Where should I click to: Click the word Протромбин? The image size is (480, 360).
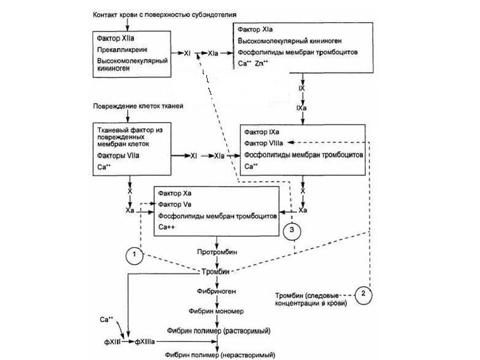215,252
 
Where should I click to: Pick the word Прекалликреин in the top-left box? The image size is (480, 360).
122,49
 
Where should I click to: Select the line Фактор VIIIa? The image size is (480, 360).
263,143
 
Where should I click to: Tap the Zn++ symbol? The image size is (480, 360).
262,63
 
